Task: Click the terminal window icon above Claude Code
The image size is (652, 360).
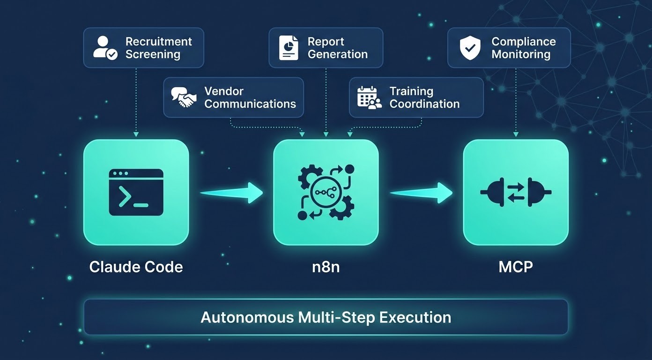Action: click(x=136, y=192)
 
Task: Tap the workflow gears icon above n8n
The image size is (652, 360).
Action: click(x=326, y=192)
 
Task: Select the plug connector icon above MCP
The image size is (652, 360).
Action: click(x=516, y=192)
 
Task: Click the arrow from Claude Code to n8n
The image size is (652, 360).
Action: click(x=231, y=192)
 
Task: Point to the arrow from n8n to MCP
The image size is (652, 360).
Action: click(x=421, y=192)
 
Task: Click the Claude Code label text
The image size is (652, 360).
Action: click(x=136, y=267)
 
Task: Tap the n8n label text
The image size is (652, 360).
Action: click(x=326, y=267)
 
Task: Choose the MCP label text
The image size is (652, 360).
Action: click(x=516, y=267)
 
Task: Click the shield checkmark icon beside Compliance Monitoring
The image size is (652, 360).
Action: click(x=470, y=48)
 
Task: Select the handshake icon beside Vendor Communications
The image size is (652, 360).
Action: click(x=184, y=97)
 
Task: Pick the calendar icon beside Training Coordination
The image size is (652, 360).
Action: click(x=369, y=97)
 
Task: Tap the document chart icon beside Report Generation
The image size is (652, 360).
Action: click(x=289, y=48)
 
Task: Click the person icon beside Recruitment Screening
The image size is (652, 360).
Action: click(x=105, y=48)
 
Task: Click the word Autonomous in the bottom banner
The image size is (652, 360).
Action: click(x=247, y=317)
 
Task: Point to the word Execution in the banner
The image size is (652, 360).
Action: click(x=415, y=317)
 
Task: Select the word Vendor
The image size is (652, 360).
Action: click(x=224, y=91)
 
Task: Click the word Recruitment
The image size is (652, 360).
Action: click(x=158, y=41)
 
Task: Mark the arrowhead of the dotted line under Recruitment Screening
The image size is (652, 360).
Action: click(x=136, y=135)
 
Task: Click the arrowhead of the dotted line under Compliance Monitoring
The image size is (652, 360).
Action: click(x=516, y=135)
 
